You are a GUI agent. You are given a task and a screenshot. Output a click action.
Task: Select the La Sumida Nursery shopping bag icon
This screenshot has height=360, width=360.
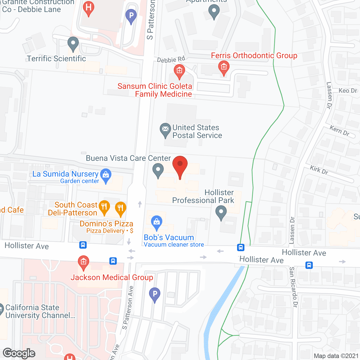click(106, 175)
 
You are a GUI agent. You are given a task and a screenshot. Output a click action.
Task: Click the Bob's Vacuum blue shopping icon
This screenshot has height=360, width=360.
click(157, 222)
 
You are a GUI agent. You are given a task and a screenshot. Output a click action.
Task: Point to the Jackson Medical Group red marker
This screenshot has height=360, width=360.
click(83, 262)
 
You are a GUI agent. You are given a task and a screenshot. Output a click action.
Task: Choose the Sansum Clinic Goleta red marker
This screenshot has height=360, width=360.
click(179, 71)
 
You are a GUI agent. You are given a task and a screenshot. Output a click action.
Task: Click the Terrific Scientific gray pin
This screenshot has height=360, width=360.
click(73, 44)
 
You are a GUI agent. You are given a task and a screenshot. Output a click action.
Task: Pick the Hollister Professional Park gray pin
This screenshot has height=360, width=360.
click(221, 212)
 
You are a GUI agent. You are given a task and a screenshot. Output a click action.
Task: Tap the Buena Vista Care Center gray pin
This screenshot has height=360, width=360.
click(158, 170)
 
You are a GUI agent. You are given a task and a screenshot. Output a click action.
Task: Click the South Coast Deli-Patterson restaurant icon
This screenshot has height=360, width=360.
click(104, 207)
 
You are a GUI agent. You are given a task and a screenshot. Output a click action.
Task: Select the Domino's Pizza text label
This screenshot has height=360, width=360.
click(106, 224)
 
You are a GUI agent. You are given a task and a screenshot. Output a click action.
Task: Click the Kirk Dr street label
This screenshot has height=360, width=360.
click(319, 170)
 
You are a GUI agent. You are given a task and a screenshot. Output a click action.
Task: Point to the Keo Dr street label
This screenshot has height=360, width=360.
click(348, 91)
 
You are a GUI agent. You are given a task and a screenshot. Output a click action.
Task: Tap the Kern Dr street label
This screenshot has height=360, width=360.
click(339, 131)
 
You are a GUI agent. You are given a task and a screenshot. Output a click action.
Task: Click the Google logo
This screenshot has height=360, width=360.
click(19, 353)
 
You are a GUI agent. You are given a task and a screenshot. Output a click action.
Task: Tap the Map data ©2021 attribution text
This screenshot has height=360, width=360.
click(336, 356)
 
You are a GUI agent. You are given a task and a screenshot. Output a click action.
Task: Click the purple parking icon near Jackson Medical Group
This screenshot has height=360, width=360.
click(155, 294)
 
